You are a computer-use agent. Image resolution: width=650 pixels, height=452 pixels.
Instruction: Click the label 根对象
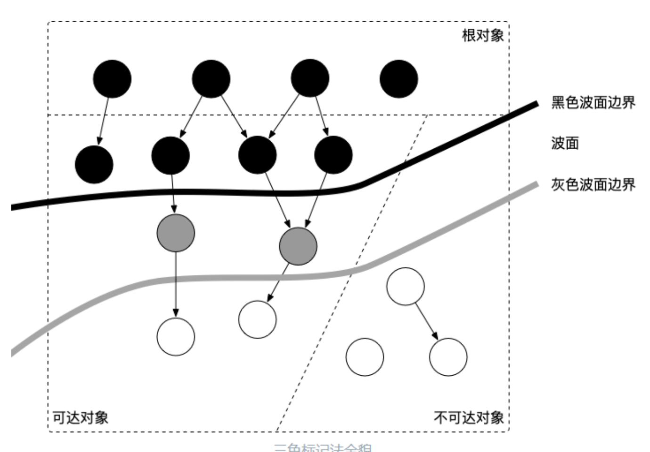483,35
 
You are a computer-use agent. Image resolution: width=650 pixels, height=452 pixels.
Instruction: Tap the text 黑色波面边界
593,102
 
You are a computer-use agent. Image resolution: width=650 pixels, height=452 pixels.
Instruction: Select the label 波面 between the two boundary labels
565,143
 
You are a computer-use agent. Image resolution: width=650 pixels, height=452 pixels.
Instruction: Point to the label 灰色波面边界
593,184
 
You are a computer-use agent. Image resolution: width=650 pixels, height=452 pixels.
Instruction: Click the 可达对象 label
80,418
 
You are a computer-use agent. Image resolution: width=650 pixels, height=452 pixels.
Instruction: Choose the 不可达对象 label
469,418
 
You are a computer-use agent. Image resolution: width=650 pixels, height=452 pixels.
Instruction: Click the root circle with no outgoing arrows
398,79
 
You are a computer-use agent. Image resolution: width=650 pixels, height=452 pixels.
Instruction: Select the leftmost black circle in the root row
112,79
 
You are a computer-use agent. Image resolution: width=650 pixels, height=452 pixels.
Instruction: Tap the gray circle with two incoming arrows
298,246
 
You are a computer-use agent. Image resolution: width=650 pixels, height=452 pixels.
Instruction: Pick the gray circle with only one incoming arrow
176,233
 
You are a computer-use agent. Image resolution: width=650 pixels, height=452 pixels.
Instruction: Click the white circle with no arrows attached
365,357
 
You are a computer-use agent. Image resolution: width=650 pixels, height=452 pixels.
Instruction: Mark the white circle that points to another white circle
405,286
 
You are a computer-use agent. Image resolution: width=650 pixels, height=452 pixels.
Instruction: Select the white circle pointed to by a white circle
448,357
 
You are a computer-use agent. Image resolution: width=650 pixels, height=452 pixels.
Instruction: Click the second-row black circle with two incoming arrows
257,155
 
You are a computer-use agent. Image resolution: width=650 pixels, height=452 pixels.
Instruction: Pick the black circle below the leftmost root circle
94,164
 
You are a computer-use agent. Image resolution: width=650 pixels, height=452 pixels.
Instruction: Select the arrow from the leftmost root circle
103,120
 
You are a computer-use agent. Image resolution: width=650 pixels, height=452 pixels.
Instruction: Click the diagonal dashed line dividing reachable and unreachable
330,320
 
